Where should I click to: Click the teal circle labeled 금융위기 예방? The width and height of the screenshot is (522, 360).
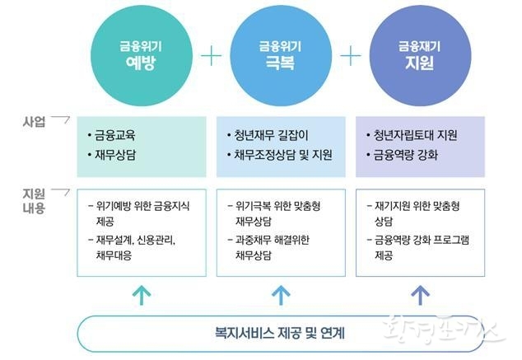pos(141,54)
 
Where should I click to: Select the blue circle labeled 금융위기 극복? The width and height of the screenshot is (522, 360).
pos(281,54)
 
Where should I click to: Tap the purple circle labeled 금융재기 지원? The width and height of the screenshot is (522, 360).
pos(421,54)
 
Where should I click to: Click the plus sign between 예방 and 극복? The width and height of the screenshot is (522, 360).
pos(212,55)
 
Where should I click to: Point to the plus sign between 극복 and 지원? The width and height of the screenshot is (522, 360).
pos(352,55)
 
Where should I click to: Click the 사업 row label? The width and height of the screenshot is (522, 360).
pos(33,122)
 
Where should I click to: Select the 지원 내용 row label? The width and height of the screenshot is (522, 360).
pos(33,201)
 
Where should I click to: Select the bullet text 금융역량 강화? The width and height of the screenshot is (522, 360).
pos(407,154)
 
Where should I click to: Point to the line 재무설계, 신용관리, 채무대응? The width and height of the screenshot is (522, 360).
pos(137,247)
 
